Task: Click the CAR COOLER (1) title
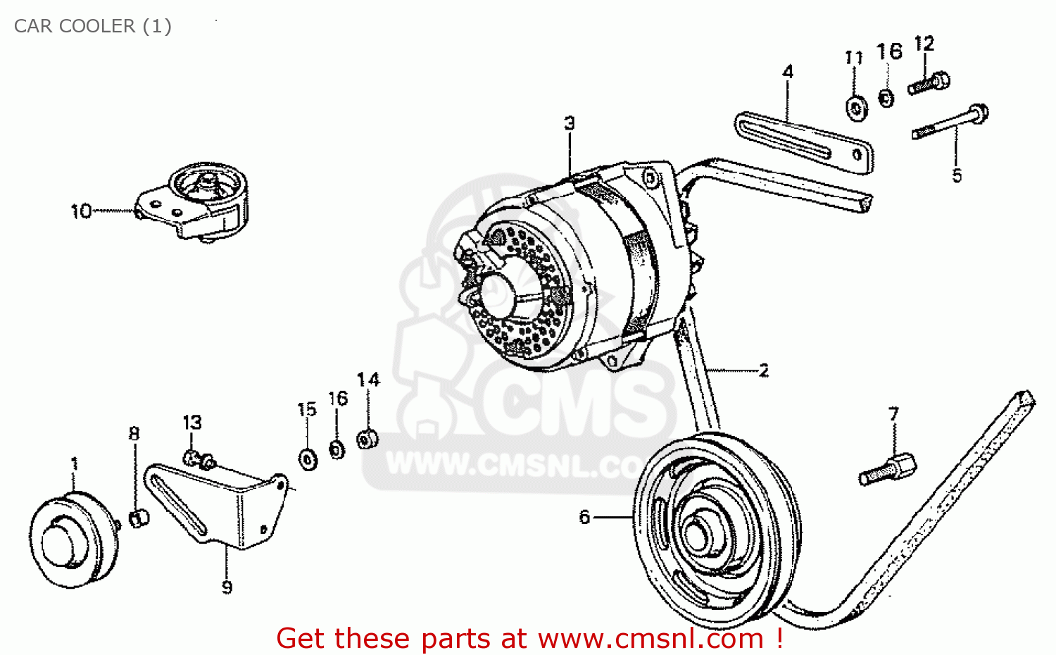pos(93,26)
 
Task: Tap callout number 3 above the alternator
pos(570,123)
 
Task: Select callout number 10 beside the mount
pos(81,211)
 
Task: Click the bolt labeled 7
pos(887,470)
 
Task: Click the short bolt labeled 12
pos(929,84)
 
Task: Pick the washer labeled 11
pos(856,108)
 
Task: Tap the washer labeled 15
pos(308,459)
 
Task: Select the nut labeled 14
pos(367,439)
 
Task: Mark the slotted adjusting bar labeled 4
pos(803,141)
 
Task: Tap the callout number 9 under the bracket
pos(227,587)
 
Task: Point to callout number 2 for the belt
pos(764,370)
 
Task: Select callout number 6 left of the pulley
pos(584,518)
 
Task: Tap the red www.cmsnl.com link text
pos(650,639)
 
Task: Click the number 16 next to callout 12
pos(889,51)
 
